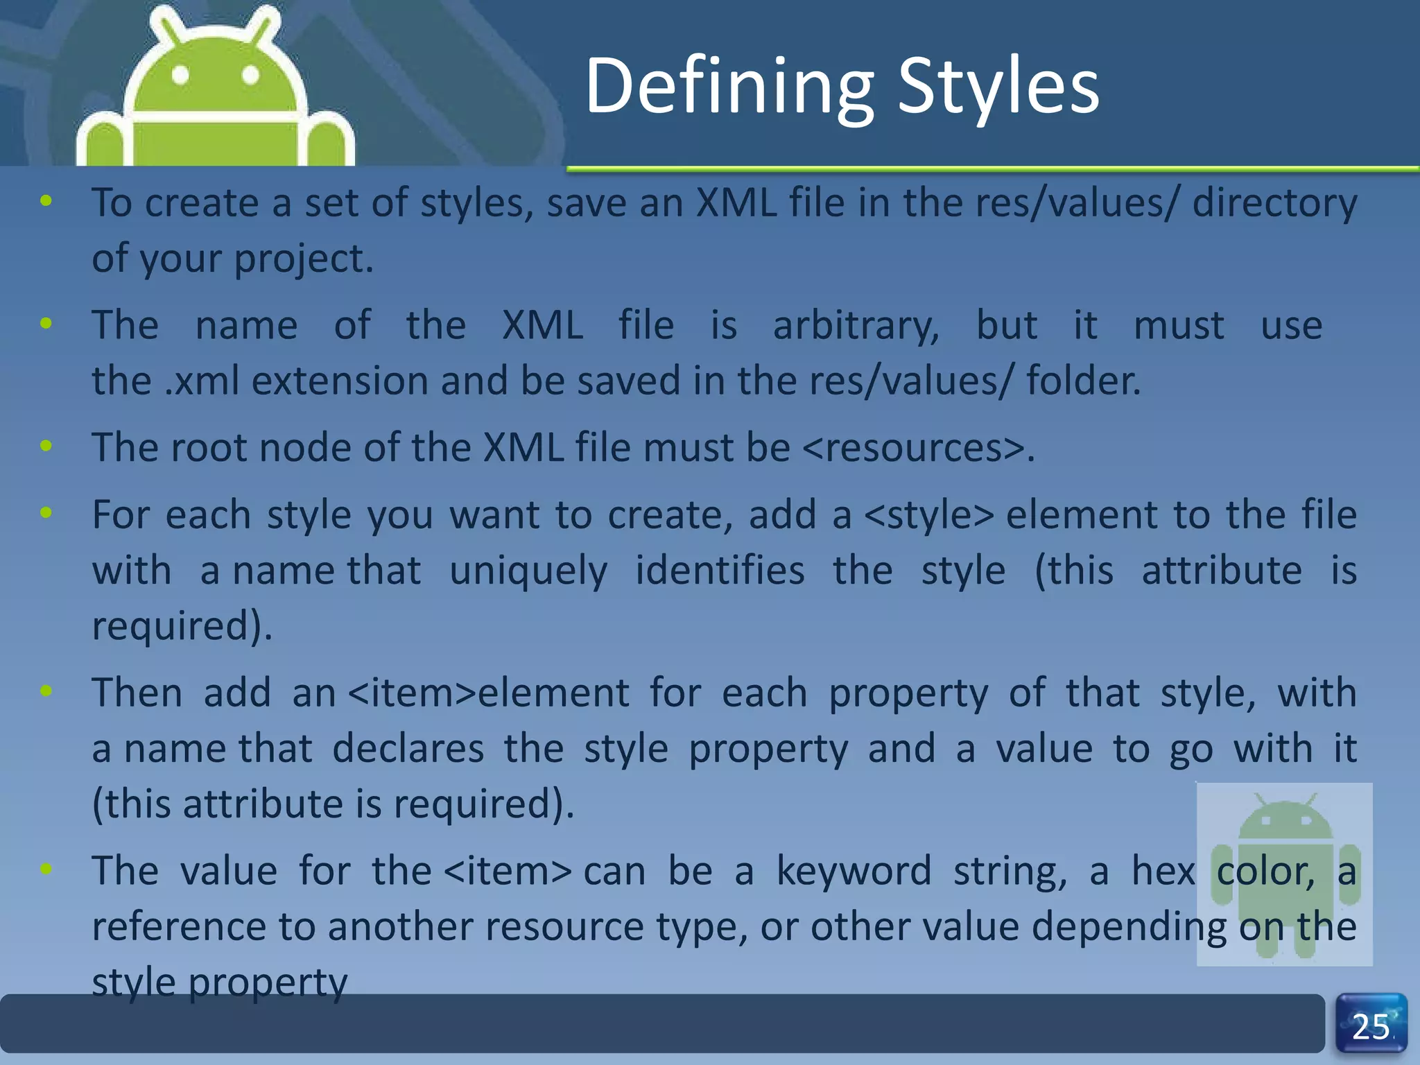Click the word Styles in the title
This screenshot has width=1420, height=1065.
pyautogui.click(x=998, y=87)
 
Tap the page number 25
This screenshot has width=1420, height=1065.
pyautogui.click(x=1371, y=1027)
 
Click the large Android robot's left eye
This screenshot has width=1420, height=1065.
pyautogui.click(x=180, y=75)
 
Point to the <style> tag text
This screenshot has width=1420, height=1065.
pyautogui.click(x=929, y=515)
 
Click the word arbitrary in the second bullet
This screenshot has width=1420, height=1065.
pyautogui.click(x=856, y=326)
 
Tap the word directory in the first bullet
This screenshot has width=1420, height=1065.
pyautogui.click(x=1274, y=203)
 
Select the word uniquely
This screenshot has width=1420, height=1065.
pyautogui.click(x=528, y=571)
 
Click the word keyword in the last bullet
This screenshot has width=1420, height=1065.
pyautogui.click(x=854, y=871)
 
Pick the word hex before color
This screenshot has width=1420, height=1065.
pyautogui.click(x=1163, y=871)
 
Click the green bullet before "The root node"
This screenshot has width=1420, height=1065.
pyautogui.click(x=46, y=446)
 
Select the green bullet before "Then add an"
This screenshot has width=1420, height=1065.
pyautogui.click(x=46, y=691)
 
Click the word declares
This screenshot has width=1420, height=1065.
pyautogui.click(x=408, y=749)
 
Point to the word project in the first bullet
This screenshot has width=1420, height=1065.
pyautogui.click(x=303, y=259)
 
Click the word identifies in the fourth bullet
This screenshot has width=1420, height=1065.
pyautogui.click(x=720, y=571)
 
